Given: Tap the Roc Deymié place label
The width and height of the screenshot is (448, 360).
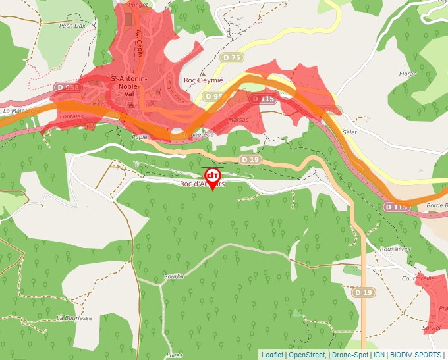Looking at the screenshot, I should [x=204, y=80].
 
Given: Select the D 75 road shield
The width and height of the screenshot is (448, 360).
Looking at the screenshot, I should [x=233, y=58].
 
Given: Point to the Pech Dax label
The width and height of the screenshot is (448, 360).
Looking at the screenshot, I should [x=72, y=26].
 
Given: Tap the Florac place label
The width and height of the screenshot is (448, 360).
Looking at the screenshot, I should [x=408, y=74].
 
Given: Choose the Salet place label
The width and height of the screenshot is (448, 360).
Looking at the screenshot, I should [x=350, y=132].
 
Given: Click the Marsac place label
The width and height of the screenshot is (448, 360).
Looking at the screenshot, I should [x=238, y=120].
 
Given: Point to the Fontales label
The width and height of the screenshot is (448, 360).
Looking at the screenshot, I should [x=71, y=116].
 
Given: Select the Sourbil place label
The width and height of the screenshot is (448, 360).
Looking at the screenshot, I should [x=175, y=277].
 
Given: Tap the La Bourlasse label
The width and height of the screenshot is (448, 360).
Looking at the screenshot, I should [x=74, y=317].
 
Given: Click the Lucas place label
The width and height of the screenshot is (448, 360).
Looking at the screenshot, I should [x=175, y=355].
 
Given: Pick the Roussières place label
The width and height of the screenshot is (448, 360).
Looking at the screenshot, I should [x=395, y=249].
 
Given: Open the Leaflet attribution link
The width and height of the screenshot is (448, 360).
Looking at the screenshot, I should [x=272, y=355].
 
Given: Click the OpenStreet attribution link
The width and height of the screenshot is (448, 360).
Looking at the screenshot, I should [x=306, y=355].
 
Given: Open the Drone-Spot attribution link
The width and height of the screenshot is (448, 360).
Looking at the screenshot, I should [x=350, y=355].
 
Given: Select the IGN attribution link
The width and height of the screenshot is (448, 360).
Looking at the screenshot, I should [x=379, y=355].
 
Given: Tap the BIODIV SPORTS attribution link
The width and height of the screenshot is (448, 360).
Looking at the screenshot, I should [x=415, y=355].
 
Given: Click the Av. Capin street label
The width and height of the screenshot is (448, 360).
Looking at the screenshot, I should [x=139, y=43].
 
